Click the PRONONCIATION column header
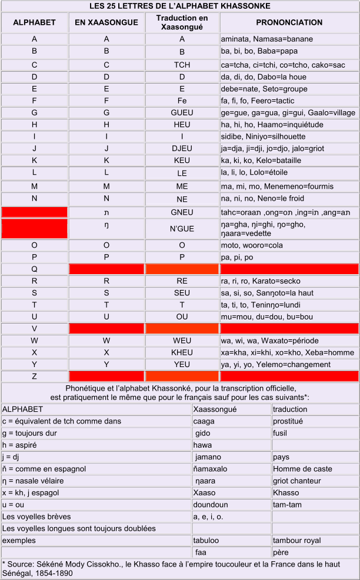[289, 23]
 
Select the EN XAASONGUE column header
[106, 23]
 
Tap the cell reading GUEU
[182, 113]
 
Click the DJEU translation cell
[182, 148]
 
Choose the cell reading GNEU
[182, 212]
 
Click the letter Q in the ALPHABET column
[34, 269]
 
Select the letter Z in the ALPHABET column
[34, 376]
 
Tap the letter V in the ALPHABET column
[34, 328]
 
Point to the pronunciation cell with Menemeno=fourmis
[270, 186]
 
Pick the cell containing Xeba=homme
[335, 352]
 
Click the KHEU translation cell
[182, 352]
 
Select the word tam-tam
[288, 505]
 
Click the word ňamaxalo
[215, 469]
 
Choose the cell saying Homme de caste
[302, 469]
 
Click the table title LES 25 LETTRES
[180, 6]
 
